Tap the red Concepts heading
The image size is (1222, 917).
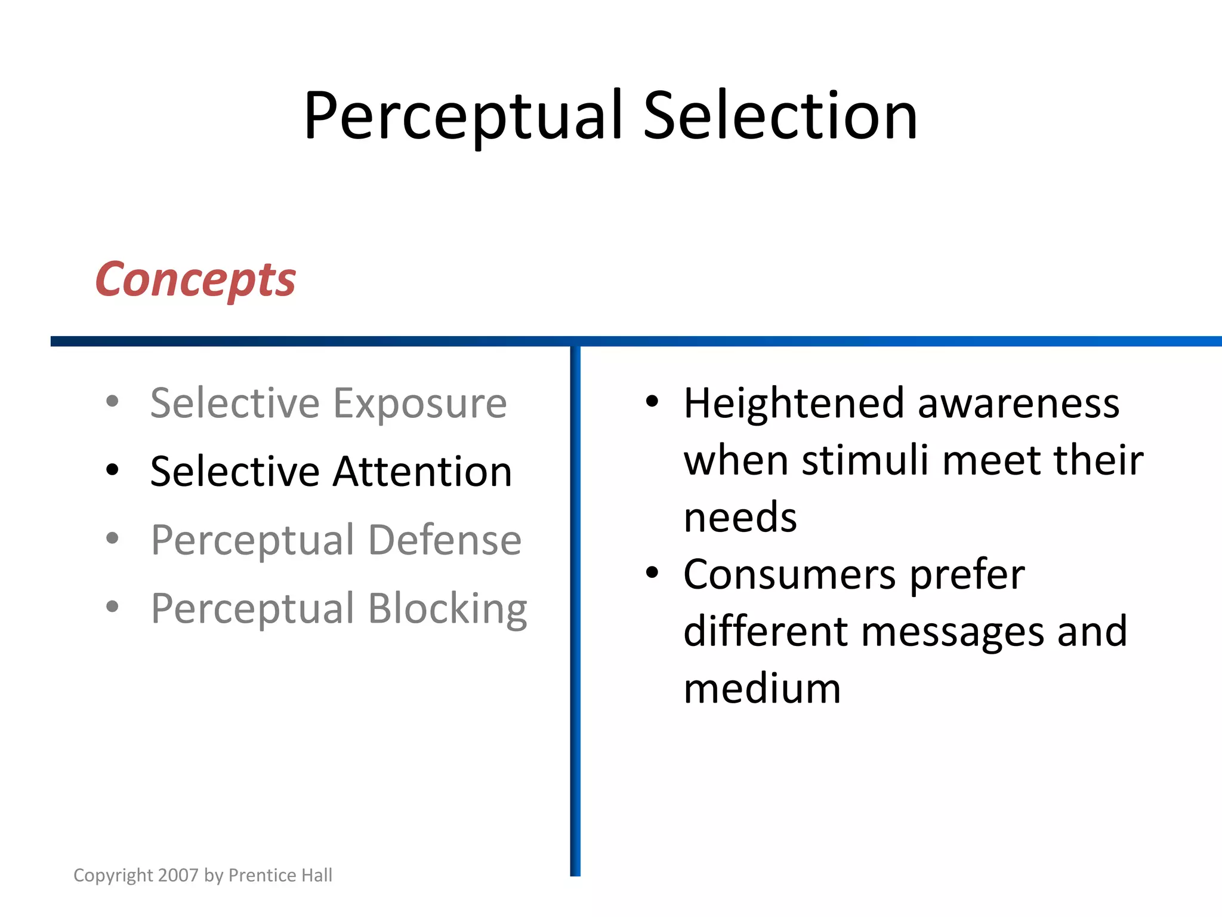click(x=196, y=279)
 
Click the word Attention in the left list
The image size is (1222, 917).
click(x=422, y=472)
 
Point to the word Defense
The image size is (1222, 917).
click(x=445, y=540)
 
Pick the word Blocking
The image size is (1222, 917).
click(x=448, y=609)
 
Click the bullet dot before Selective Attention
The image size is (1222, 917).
click(x=112, y=470)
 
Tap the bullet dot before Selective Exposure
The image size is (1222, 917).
click(x=112, y=401)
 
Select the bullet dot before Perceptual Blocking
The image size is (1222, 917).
click(x=112, y=607)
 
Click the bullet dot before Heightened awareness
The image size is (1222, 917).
click(x=652, y=401)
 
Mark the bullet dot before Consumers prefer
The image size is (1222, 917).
click(x=652, y=573)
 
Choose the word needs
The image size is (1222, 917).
click(x=740, y=518)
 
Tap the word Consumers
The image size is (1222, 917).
click(x=789, y=575)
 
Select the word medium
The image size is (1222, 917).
click(x=762, y=689)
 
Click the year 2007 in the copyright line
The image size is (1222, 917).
click(x=178, y=875)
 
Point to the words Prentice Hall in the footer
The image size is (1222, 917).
click(x=280, y=875)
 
